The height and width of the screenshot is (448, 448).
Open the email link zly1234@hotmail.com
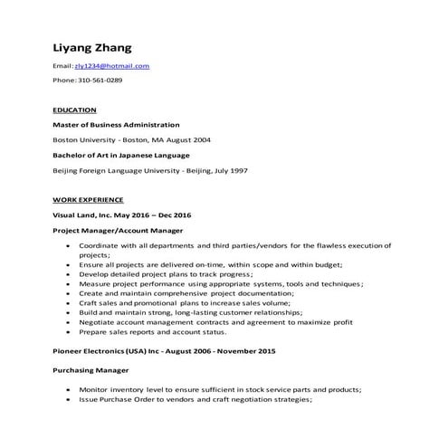(x=111, y=66)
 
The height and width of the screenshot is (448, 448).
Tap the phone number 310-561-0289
(x=98, y=80)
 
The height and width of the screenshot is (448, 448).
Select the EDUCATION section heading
(x=75, y=110)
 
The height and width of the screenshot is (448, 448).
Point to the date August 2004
(x=191, y=139)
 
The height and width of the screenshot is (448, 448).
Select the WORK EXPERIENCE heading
(x=88, y=199)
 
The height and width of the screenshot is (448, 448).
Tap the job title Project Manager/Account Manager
(x=118, y=231)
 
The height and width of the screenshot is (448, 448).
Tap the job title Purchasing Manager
(x=91, y=370)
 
